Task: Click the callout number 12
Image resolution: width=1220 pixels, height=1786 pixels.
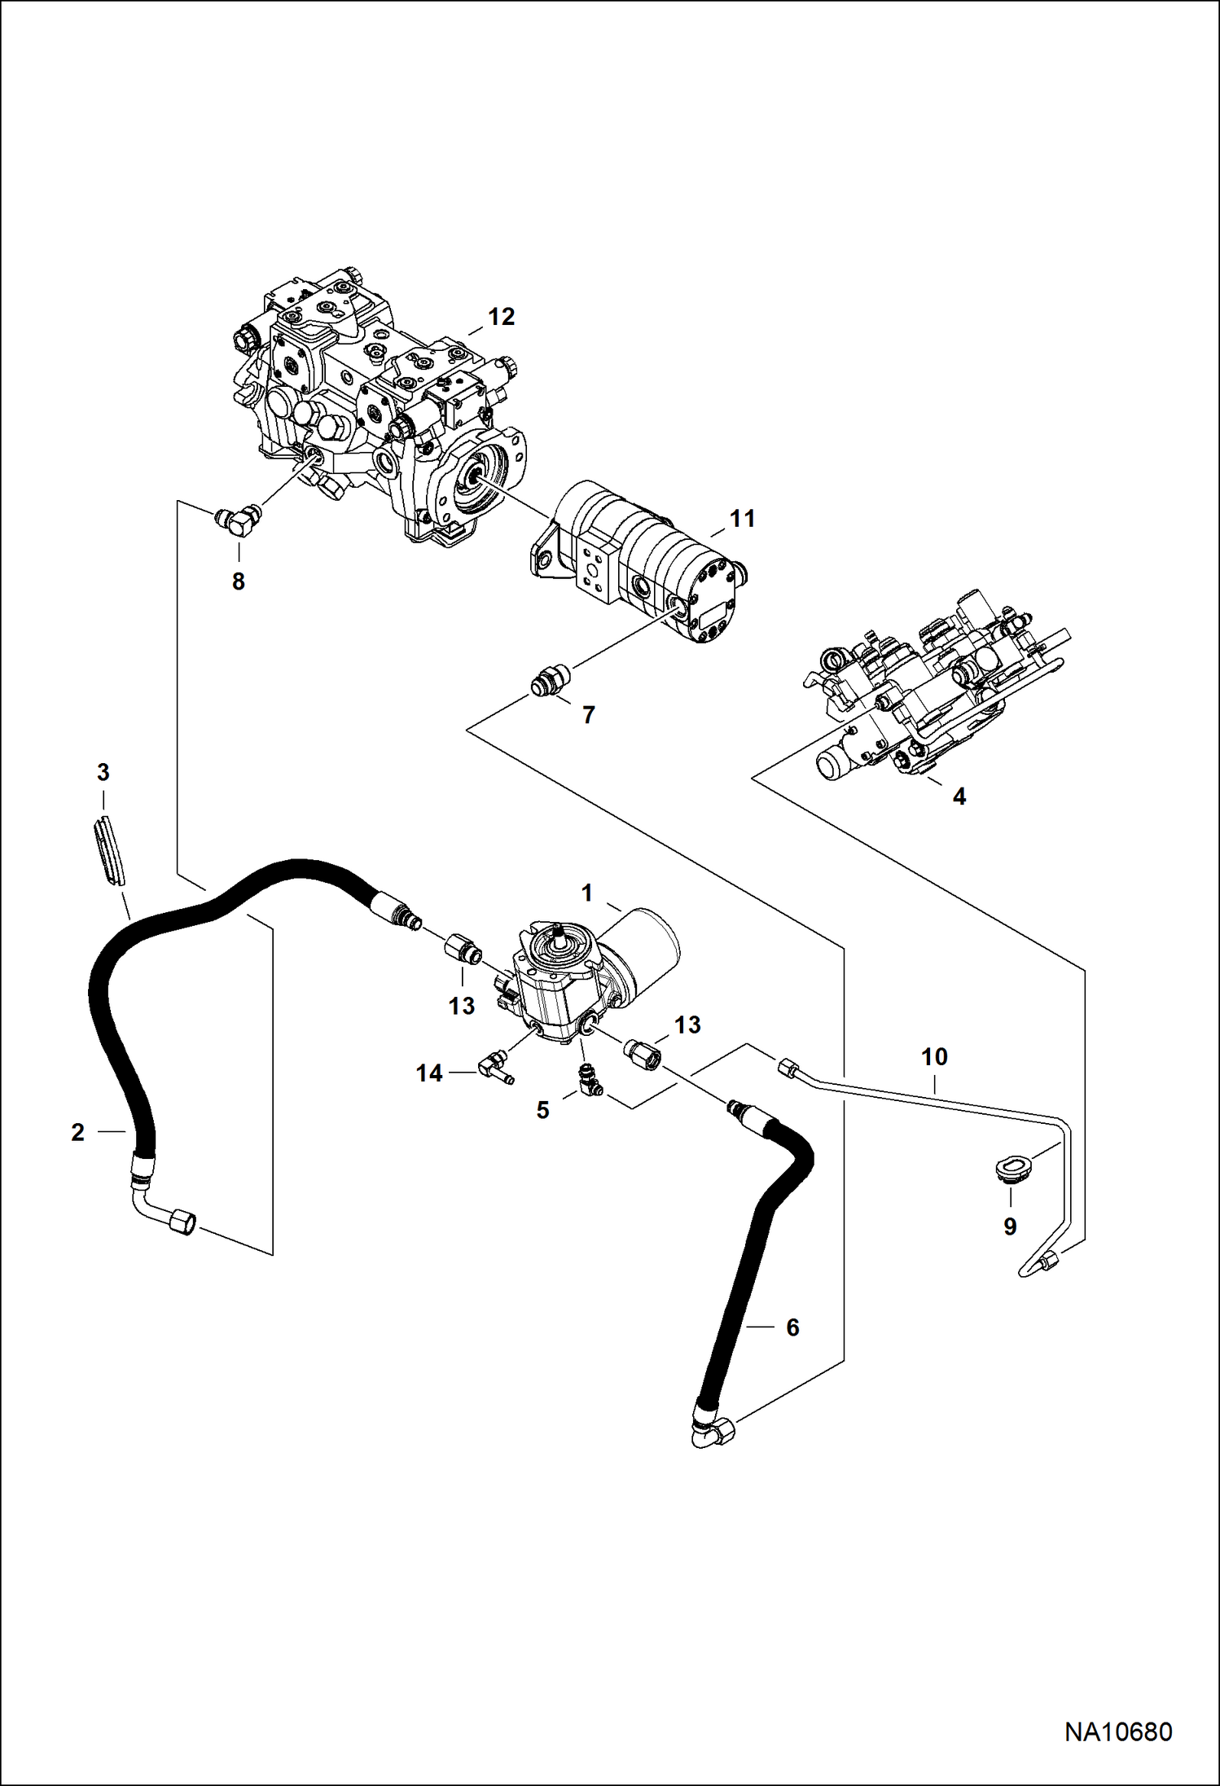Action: coord(502,317)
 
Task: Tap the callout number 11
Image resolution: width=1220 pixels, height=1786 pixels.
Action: coord(742,518)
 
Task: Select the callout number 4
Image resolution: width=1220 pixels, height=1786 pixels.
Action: coord(959,796)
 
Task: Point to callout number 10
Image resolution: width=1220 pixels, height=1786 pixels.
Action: coord(934,1056)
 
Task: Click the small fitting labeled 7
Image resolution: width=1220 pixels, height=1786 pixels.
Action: coord(551,681)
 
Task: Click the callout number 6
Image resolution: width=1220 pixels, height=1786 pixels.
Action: coord(792,1327)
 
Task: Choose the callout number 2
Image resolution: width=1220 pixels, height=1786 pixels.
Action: coord(77,1132)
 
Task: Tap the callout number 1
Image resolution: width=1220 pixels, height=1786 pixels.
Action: coord(586,893)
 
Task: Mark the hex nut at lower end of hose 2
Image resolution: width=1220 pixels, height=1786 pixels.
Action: coord(180,1222)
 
